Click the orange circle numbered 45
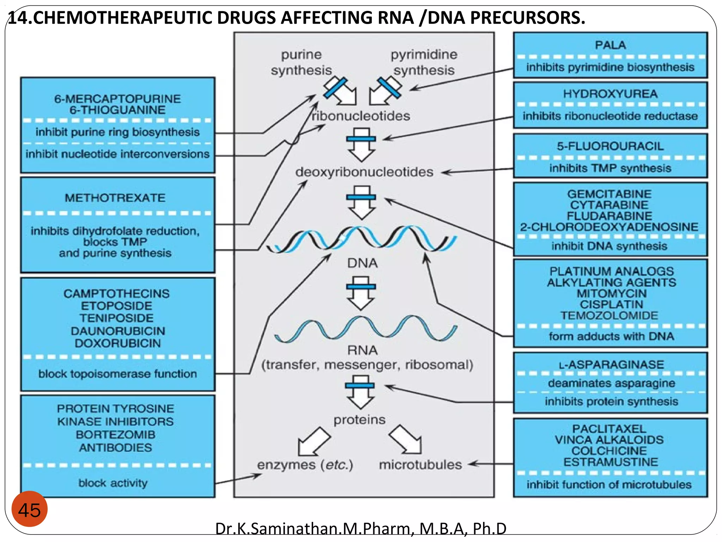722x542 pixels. point(30,509)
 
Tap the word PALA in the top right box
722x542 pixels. point(610,45)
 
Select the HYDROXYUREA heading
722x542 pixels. point(610,94)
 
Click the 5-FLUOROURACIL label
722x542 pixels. point(610,146)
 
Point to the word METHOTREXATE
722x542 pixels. point(115,198)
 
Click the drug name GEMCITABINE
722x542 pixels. point(609,194)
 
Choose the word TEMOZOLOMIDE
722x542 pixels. point(609,315)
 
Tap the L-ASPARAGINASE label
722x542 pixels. point(611,364)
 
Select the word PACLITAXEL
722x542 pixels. point(609,429)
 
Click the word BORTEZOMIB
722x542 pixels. point(115,434)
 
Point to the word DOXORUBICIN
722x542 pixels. point(117,343)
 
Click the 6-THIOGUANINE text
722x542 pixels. point(117,110)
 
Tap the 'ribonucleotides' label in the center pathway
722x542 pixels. point(361,116)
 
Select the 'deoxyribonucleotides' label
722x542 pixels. point(364,172)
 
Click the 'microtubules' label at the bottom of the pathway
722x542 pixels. point(420,464)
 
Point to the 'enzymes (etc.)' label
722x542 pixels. point(305,464)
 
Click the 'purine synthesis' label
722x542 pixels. point(301,62)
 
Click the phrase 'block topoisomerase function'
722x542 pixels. point(117,373)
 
